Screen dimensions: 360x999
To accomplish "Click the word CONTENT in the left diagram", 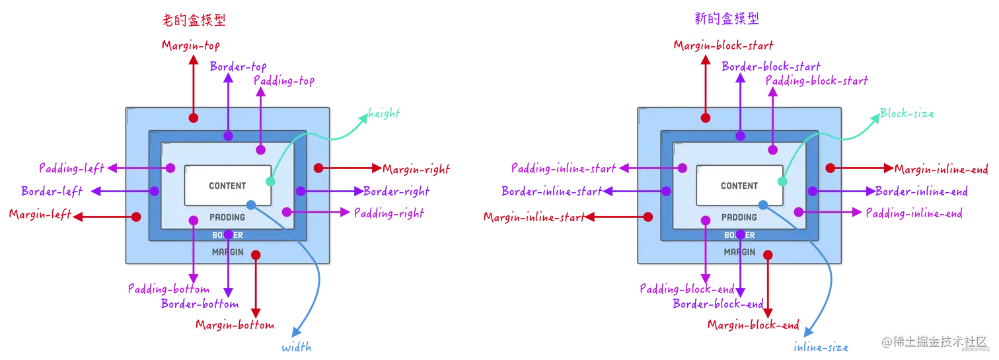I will click(227, 186).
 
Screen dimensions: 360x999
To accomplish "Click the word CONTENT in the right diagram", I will click(739, 186).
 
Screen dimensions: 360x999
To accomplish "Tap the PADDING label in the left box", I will click(227, 217).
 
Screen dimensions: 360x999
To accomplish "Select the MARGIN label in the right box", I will click(739, 252).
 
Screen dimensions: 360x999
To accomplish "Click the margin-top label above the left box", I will click(190, 45).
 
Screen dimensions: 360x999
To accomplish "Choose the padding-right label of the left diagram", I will click(386, 213).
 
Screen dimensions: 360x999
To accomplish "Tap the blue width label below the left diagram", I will click(297, 347).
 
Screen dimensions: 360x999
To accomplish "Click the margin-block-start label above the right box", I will click(723, 45).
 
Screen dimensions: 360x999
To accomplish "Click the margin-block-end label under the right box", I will click(754, 325).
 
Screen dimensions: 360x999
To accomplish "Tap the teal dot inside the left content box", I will click(270, 181).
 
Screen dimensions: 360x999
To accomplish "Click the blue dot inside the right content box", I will click(763, 205).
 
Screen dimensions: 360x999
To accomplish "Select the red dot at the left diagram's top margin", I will click(194, 118).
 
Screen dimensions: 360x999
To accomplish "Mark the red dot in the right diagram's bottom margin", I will click(768, 254).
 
